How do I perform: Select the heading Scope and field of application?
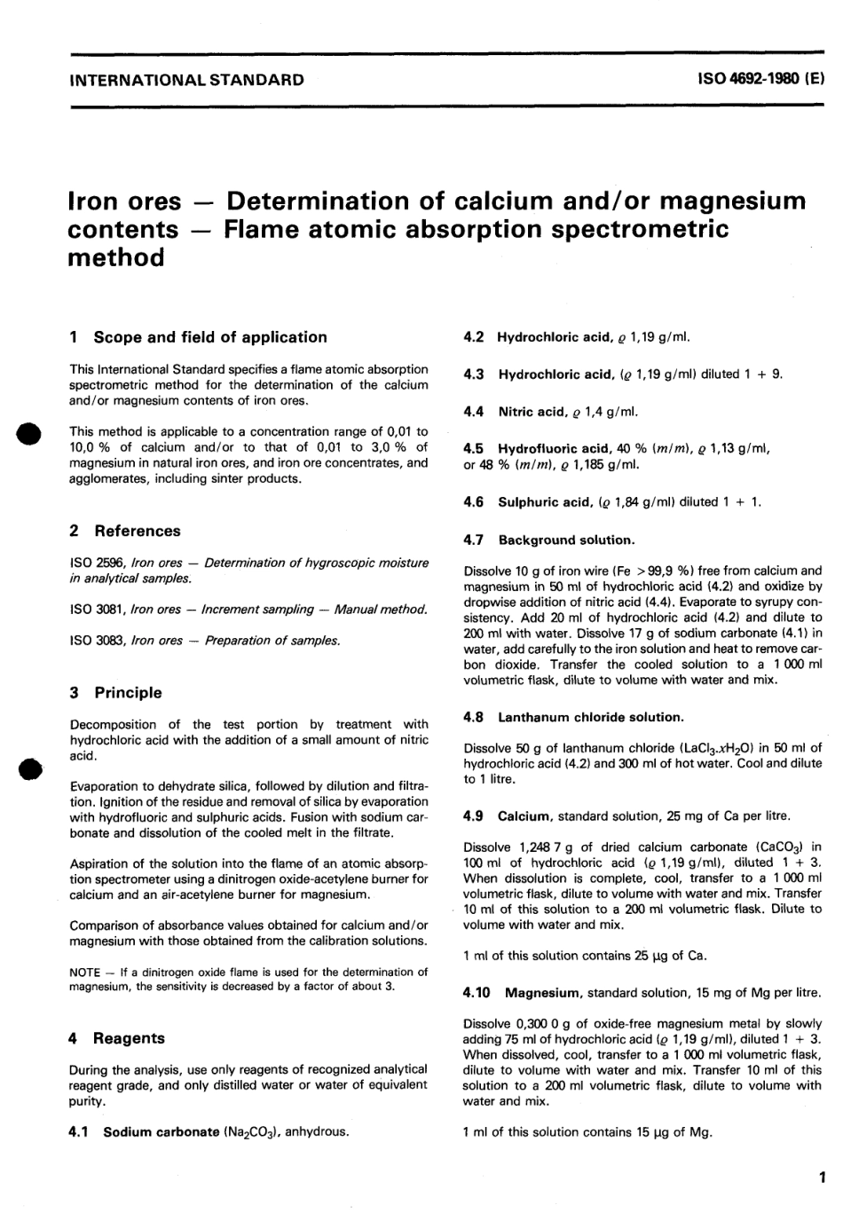click(x=209, y=337)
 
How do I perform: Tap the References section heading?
click(x=137, y=531)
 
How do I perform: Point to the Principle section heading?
click(x=128, y=692)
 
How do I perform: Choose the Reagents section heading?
click(x=129, y=1038)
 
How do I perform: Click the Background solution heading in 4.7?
click(x=566, y=540)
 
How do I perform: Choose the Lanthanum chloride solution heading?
click(x=590, y=717)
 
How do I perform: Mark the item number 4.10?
click(x=479, y=993)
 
